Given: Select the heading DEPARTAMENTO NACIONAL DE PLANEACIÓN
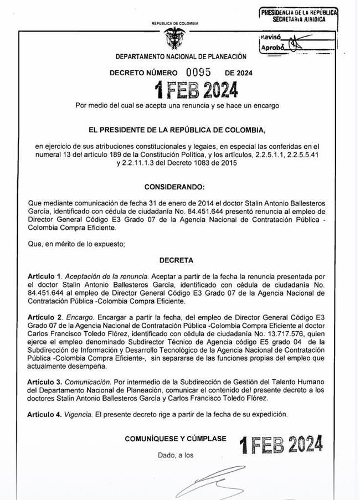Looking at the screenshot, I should (181, 57).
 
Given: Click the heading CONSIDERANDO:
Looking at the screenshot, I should (174, 188).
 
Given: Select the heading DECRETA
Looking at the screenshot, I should (176, 259).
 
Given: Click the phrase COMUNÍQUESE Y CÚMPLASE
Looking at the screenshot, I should (176, 439).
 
